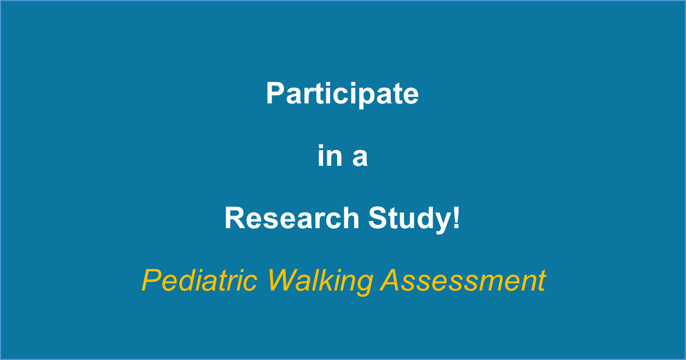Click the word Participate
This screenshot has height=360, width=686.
point(342,94)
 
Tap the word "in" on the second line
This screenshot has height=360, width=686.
point(330,155)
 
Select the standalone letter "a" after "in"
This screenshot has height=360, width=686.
point(360,159)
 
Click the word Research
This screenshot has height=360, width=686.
point(292,218)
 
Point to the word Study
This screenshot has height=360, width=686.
point(410,220)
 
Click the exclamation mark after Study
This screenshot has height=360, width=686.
point(457,218)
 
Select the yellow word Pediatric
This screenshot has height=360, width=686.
point(199,281)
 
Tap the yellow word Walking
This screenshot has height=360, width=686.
point(320,282)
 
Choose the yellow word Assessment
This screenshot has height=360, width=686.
point(463,280)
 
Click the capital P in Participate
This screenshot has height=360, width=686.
point(275,94)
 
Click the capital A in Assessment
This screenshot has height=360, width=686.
point(391,280)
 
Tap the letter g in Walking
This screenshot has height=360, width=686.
point(364,285)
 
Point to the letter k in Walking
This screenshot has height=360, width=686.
point(330,280)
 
